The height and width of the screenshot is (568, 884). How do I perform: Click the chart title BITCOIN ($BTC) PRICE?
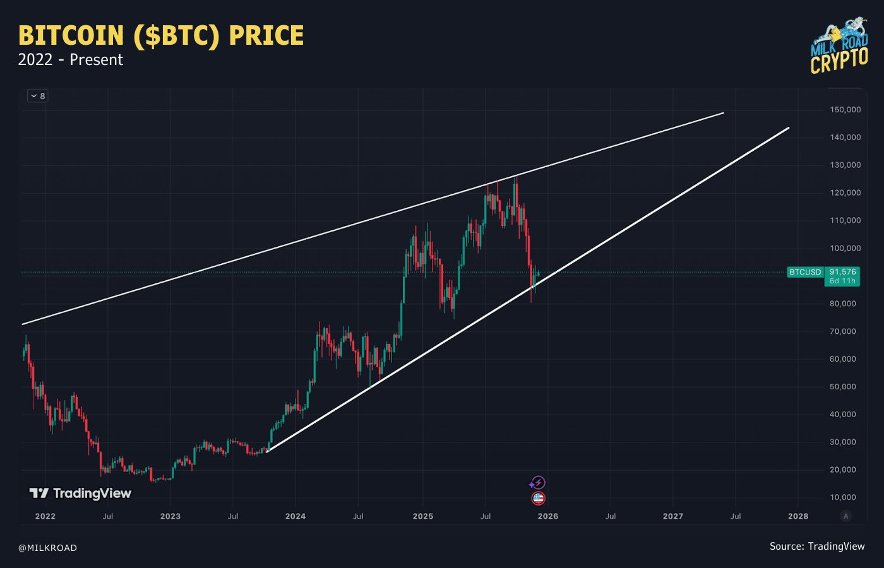[161, 36]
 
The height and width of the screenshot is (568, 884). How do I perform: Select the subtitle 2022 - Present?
[71, 60]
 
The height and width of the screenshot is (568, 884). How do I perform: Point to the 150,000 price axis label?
[845, 110]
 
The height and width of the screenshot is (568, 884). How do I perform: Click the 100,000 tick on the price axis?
[845, 248]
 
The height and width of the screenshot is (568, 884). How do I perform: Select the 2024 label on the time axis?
[296, 516]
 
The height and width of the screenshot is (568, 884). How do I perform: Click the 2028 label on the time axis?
[798, 516]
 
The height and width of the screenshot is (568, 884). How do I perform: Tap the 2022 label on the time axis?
[45, 516]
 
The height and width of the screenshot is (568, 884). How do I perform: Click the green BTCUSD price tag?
[805, 272]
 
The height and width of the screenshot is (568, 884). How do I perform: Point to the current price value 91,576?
[843, 272]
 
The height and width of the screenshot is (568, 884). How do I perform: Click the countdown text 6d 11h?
[843, 281]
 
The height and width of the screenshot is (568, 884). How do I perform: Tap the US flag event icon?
[538, 499]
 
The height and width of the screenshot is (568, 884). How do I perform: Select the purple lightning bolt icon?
[538, 483]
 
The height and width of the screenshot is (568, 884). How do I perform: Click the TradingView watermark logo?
[80, 494]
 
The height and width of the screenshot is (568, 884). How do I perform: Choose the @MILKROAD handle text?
[47, 548]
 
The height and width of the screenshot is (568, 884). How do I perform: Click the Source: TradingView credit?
[817, 547]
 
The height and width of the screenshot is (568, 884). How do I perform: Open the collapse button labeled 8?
[38, 96]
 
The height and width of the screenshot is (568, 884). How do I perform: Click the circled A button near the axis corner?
[846, 516]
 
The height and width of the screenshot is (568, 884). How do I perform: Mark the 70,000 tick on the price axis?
[845, 331]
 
